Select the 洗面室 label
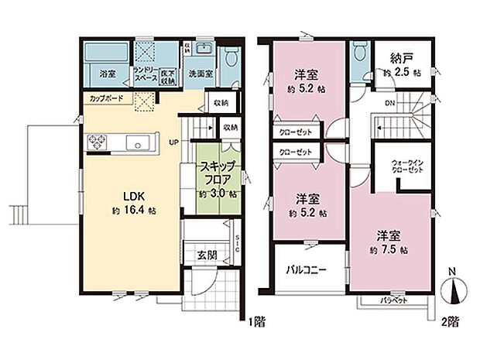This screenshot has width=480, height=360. pos(200,74)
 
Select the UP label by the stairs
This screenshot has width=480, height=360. pos(174,142)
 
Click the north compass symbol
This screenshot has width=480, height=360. pos(454,291)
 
